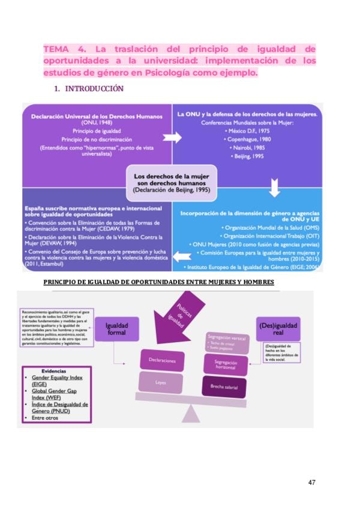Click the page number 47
point(311,481)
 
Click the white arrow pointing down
point(274,187)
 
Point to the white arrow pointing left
point(179,256)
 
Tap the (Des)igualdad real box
point(277,329)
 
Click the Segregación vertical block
point(226,341)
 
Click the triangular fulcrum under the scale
point(193,414)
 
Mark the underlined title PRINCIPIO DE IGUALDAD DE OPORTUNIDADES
point(159,282)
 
